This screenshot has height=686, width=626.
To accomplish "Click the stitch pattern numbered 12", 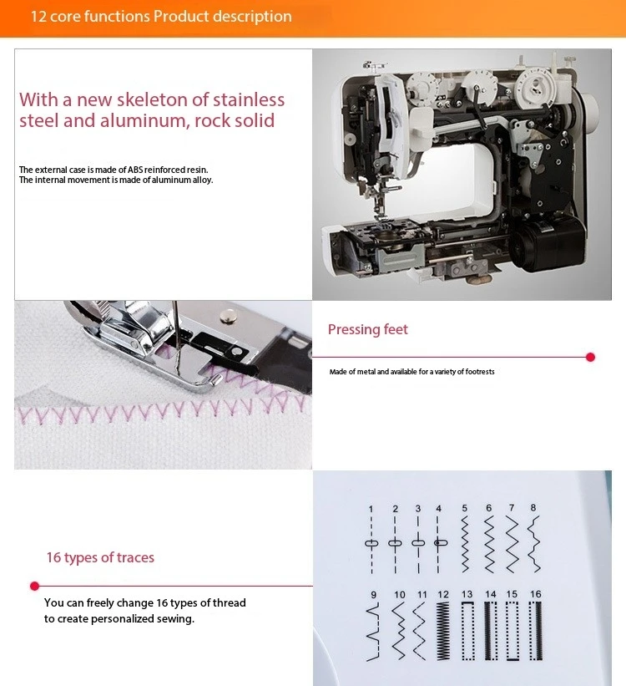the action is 443,631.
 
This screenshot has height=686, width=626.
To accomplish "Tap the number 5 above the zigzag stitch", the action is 465,508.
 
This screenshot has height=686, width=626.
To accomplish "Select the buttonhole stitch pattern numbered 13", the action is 467,631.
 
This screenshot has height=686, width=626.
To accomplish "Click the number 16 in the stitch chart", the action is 536,594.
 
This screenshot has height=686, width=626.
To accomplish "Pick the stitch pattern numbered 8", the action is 533,544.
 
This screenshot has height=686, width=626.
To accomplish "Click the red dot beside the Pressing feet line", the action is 590,358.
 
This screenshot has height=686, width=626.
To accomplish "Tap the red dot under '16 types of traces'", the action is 34,586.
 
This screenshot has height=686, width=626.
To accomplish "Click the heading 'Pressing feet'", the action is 367,329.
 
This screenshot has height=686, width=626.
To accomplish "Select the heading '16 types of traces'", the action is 100,557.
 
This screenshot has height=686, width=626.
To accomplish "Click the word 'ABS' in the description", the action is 135,170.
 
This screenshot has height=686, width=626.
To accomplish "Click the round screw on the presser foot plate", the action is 227,316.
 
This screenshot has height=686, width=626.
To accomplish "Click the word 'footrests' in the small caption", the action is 480,372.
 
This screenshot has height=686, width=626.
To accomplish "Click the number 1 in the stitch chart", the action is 371,509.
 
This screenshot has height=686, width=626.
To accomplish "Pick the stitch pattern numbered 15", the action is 512,631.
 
